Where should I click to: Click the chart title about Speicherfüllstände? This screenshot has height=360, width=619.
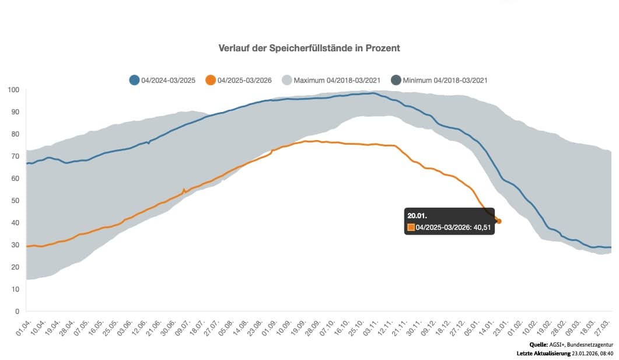(x=309, y=48)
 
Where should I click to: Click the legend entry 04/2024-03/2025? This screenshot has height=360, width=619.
(x=166, y=80)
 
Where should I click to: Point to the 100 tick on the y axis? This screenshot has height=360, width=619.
(x=13, y=90)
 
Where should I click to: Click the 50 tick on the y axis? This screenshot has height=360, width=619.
(x=15, y=201)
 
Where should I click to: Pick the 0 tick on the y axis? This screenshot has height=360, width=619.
(x=18, y=312)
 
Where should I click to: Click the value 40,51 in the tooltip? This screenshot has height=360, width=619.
(x=482, y=228)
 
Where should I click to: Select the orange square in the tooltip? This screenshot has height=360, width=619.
(x=411, y=228)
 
